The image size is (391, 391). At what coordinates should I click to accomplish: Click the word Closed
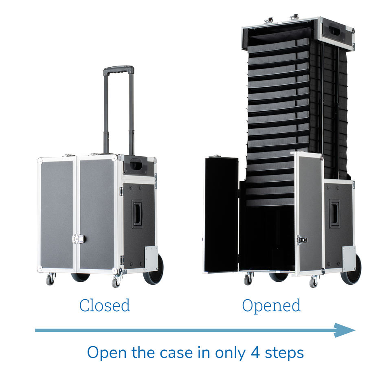click(105, 305)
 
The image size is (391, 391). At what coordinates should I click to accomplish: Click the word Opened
click(271, 305)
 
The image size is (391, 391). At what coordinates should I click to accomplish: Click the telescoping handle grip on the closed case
click(118, 70)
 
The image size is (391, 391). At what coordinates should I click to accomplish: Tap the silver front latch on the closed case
click(78, 239)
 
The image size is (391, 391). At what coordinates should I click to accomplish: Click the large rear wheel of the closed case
click(154, 270)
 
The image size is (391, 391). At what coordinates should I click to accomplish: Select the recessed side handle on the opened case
click(334, 213)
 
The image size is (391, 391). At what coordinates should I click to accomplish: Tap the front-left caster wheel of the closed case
click(50, 279)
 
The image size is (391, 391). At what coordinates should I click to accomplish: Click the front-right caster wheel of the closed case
click(116, 281)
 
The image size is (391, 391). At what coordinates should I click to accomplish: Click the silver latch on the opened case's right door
click(301, 240)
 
